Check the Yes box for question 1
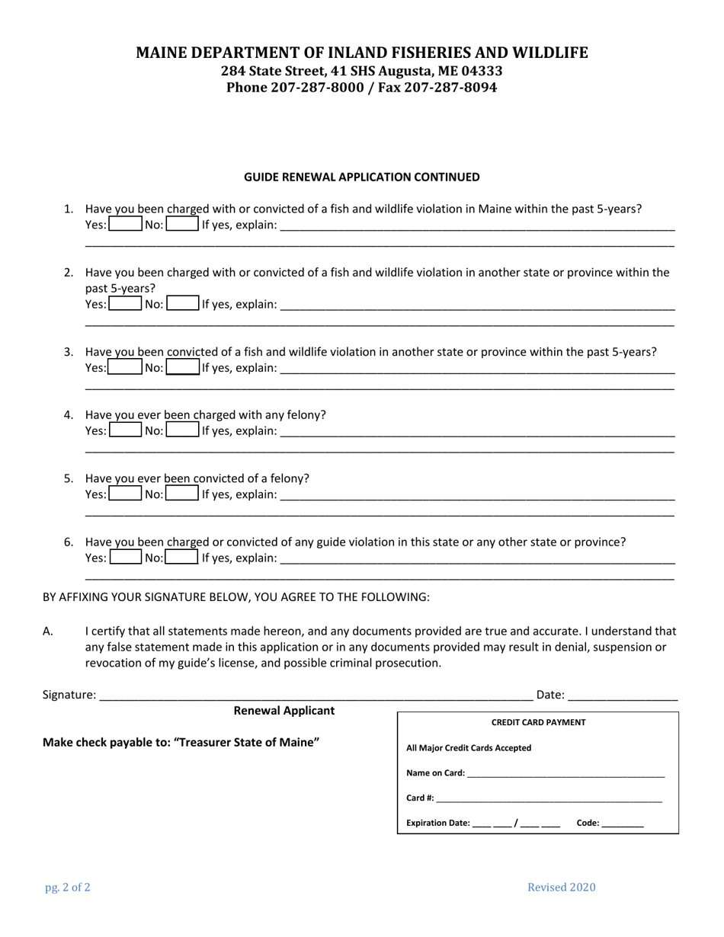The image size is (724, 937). click(x=126, y=225)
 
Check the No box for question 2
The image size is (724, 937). click(x=182, y=304)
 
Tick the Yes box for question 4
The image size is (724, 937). click(x=126, y=430)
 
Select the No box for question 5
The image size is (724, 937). click(x=182, y=494)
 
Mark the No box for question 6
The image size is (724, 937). click(x=182, y=558)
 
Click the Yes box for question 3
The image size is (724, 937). click(x=126, y=367)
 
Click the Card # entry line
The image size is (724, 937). click(x=549, y=798)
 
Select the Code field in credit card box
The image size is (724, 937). click(x=622, y=823)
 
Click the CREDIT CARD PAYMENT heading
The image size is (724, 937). click(x=538, y=722)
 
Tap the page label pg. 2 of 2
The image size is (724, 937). click(x=67, y=887)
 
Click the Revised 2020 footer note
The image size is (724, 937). click(x=562, y=887)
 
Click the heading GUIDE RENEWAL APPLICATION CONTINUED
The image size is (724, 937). click(x=361, y=177)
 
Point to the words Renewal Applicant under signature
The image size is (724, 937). click(x=284, y=711)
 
